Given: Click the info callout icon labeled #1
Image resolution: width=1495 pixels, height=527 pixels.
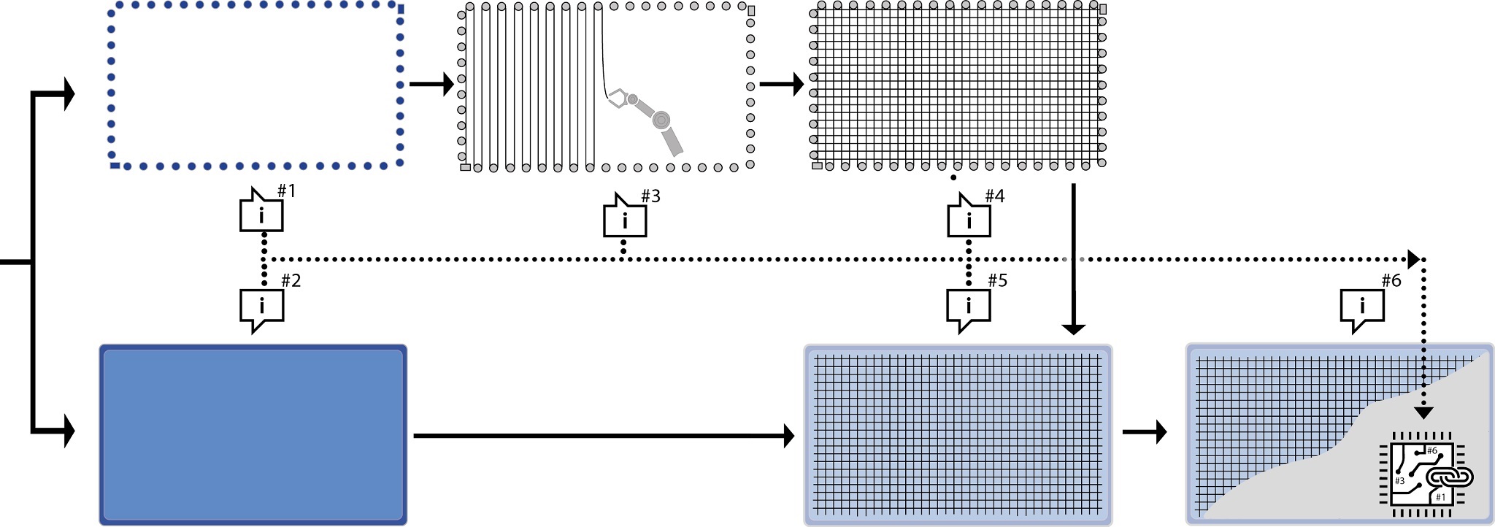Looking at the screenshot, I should pyautogui.click(x=261, y=215).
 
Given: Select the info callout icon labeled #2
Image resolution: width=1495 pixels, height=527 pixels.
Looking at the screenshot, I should pyautogui.click(x=261, y=307).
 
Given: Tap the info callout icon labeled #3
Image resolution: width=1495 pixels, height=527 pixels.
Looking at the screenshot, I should pyautogui.click(x=624, y=220).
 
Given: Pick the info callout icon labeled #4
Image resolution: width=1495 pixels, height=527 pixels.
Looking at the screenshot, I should pyautogui.click(x=969, y=220).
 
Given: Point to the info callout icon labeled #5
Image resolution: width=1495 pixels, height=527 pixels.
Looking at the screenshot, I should pyautogui.click(x=968, y=307).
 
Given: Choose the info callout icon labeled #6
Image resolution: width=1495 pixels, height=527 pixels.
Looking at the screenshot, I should pyautogui.click(x=1362, y=307).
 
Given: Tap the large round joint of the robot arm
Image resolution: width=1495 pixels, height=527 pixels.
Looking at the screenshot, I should pyautogui.click(x=661, y=120).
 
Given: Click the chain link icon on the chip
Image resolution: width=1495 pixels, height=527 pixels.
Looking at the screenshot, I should pyautogui.click(x=1450, y=477).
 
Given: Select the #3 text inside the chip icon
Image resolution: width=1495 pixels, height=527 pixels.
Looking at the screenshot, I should pyautogui.click(x=1399, y=481).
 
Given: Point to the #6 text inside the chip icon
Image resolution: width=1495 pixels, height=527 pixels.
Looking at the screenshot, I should pyautogui.click(x=1431, y=451).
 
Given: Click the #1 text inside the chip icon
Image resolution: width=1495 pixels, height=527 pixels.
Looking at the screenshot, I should pyautogui.click(x=1440, y=497).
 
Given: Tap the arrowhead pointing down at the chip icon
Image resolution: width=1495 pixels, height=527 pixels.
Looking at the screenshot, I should pyautogui.click(x=1423, y=412).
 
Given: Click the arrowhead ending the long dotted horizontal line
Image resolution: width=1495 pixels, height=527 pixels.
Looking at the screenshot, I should pyautogui.click(x=1414, y=259).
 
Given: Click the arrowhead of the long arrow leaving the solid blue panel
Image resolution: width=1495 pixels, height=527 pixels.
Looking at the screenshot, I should pyautogui.click(x=788, y=436).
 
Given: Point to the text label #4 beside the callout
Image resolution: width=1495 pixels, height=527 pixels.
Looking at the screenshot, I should pyautogui.click(x=994, y=196).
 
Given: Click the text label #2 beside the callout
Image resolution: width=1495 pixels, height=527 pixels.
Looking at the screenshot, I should pyautogui.click(x=291, y=281).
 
